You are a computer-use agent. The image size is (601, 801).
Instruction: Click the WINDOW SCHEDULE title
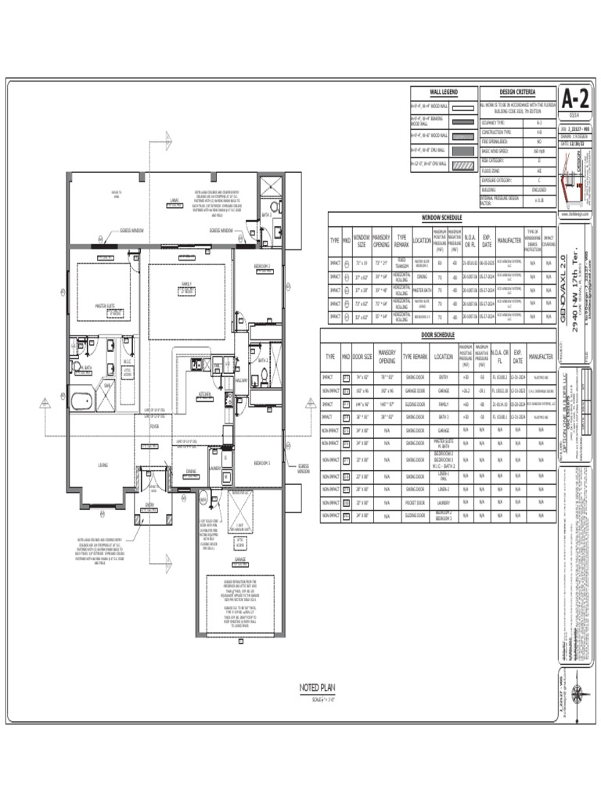pos(442,217)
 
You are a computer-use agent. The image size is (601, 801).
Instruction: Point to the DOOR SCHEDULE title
pos(437,335)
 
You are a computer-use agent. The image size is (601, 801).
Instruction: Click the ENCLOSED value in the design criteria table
pos(538,189)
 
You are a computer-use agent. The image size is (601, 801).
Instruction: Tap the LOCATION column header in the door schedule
pos(443,356)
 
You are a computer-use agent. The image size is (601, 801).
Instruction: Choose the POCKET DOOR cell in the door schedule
pos(415,503)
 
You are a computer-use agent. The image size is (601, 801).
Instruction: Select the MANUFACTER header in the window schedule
pos(507,240)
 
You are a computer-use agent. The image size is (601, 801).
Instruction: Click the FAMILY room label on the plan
pos(186,284)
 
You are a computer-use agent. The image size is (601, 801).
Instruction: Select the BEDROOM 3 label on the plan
pos(261,463)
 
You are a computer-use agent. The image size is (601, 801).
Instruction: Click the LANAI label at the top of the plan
pos(174,199)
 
